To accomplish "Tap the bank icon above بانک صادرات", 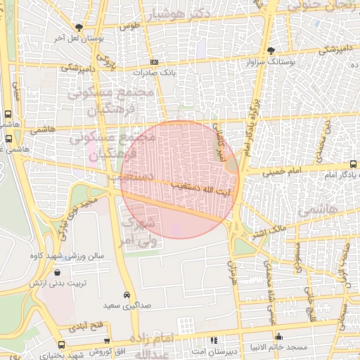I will click(155, 63).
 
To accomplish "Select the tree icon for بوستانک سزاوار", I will click(271, 51).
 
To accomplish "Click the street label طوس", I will click(127, 26).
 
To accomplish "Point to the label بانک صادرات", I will click(157, 72).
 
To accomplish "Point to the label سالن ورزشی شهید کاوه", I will click(71, 256).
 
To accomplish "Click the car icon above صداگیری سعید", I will click(126, 295).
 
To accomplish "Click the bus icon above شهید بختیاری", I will click(62, 345).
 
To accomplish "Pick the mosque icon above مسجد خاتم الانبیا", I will click(279, 337).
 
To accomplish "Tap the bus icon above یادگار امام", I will click(352, 165).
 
